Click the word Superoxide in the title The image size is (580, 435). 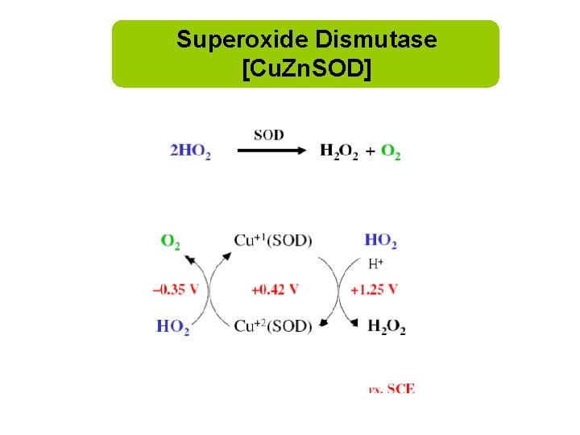click(242, 39)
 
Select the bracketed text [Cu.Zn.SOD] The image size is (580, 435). click(306, 69)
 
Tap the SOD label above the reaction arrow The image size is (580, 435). click(268, 135)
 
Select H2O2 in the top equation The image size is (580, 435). click(339, 151)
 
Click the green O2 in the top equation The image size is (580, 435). click(391, 151)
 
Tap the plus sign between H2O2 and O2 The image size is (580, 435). click(370, 151)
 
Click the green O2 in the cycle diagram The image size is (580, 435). click(170, 241)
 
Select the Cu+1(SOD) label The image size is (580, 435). click(272, 240)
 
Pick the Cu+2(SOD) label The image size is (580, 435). click(272, 325)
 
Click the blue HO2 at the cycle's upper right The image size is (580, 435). click(380, 240)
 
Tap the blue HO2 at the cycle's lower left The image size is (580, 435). click(172, 326)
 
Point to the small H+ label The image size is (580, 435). click(375, 263)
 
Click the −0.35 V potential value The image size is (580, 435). click(175, 289)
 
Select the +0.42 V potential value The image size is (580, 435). click(275, 289)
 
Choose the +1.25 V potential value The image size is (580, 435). click(375, 289)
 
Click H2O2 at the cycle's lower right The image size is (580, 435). click(387, 326)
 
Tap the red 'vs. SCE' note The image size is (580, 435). click(391, 388)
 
